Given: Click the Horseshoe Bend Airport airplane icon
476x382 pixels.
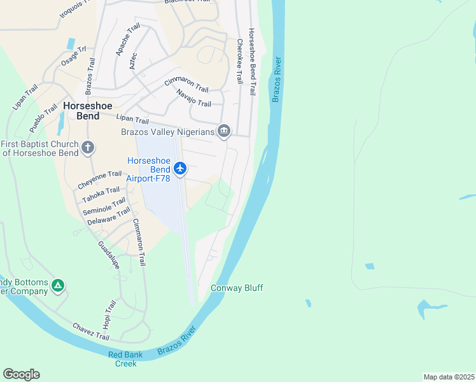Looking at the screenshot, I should (x=180, y=169).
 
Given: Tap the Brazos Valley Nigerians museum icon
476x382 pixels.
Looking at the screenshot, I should (x=224, y=132).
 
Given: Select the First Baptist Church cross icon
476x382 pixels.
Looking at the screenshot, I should (x=88, y=148).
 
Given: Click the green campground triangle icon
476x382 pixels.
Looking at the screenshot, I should (x=58, y=286).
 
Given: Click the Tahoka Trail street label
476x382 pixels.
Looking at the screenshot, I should (x=101, y=193).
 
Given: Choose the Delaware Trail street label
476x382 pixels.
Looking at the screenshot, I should (x=109, y=216).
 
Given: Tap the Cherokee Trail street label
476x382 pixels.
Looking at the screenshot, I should (x=240, y=62).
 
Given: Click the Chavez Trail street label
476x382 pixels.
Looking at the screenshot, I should (x=91, y=330).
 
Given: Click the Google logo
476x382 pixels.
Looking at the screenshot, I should (x=21, y=374).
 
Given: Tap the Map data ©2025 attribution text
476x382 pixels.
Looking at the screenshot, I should (x=449, y=376).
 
